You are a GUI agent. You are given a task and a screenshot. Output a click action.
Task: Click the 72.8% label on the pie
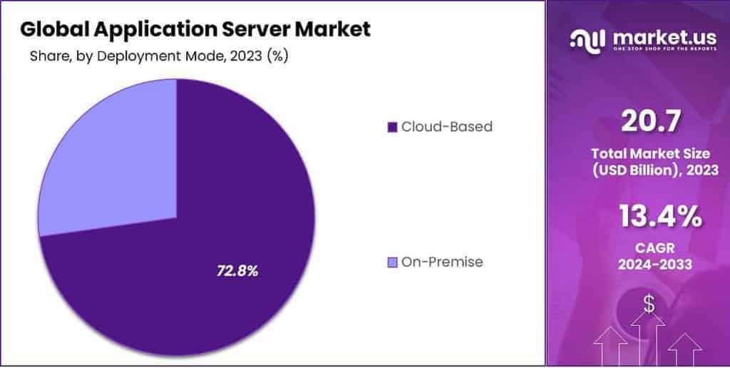(237, 271)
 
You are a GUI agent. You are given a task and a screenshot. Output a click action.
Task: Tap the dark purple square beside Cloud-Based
(391, 128)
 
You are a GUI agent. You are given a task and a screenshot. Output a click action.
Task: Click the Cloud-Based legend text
(446, 127)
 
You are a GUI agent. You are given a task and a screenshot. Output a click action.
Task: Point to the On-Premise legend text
(441, 262)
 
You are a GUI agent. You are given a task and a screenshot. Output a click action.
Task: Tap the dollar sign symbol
(649, 304)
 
